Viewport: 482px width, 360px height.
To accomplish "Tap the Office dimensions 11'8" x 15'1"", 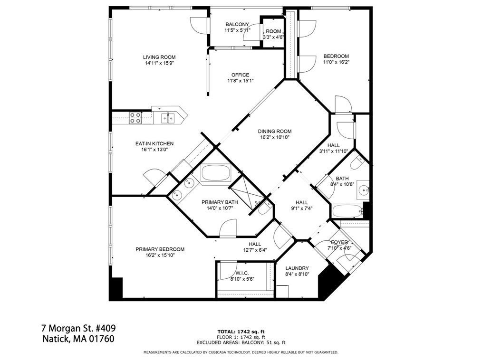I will click(240, 81).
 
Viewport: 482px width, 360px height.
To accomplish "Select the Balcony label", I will click(237, 25).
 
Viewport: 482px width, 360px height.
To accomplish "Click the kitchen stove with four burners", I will click(135, 117).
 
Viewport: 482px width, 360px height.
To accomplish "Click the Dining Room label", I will click(275, 132).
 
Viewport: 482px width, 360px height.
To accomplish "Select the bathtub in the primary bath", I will click(216, 173).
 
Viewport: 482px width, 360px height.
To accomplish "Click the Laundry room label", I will click(297, 268).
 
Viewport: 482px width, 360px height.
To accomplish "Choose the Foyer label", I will click(339, 242).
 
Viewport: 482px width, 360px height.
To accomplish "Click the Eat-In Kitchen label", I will click(154, 143).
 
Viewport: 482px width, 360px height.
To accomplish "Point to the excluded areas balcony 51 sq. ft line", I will click(241, 342).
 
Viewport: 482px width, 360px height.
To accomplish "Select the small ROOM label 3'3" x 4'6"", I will click(273, 31).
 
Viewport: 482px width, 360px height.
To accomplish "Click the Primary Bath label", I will click(219, 202).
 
